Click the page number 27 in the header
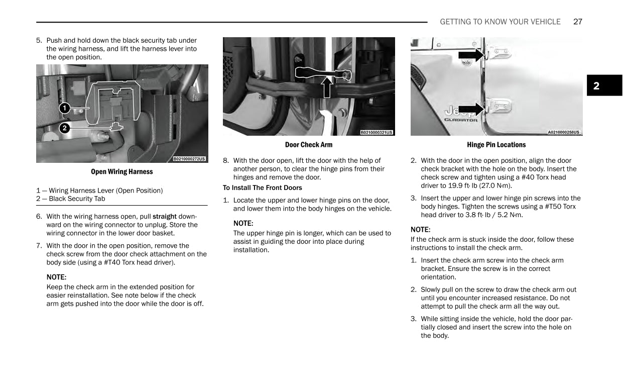(577, 22)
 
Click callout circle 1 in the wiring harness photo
(64, 108)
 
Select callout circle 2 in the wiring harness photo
(64, 128)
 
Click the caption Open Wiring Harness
(122, 172)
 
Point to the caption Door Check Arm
(309, 145)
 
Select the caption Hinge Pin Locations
(496, 145)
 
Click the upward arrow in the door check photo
(327, 86)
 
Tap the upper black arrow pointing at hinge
(471, 55)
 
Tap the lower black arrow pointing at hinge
(471, 109)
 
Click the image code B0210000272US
(189, 159)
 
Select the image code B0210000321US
(377, 133)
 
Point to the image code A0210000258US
(563, 133)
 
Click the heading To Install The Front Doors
(263, 188)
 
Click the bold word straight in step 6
(165, 217)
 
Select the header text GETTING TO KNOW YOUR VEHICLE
(500, 22)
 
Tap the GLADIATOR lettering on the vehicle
(460, 120)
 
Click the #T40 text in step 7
(114, 262)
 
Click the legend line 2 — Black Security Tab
(71, 199)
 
